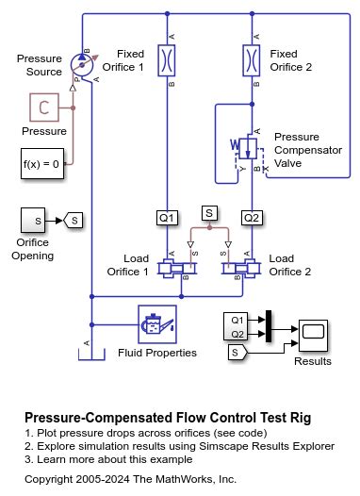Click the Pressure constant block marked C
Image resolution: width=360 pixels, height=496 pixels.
click(x=43, y=107)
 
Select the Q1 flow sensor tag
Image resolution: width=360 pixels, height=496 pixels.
click(x=167, y=218)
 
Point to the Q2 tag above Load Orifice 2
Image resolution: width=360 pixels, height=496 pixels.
click(x=252, y=218)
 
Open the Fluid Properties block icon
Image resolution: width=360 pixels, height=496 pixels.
click(x=155, y=324)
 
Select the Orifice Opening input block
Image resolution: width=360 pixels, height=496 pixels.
click(x=36, y=221)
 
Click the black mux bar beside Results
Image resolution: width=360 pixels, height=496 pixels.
click(x=270, y=325)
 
